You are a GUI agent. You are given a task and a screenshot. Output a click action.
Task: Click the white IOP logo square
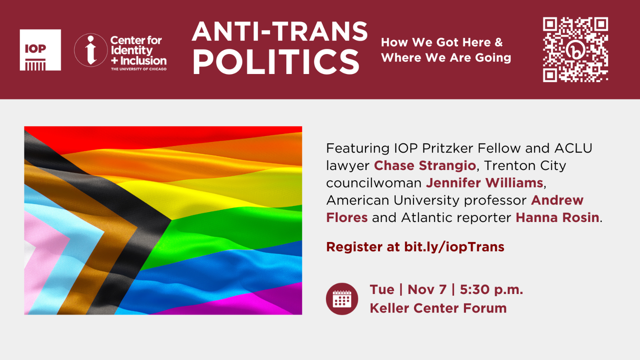40,50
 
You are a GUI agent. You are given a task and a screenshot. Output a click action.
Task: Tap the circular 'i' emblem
91,50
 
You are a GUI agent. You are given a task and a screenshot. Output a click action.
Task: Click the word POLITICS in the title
276,62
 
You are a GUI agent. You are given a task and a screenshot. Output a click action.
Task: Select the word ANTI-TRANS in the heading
280,31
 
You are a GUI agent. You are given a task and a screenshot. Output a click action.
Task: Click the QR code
576,50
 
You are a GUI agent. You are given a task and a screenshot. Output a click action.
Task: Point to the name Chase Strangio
425,166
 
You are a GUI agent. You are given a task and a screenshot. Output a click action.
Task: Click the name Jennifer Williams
484,183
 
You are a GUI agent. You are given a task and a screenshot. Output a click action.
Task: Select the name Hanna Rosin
557,218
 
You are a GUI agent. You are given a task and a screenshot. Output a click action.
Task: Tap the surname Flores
347,218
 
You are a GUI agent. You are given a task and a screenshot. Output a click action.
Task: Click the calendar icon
342,299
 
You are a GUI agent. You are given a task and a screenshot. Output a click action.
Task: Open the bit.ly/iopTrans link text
454,247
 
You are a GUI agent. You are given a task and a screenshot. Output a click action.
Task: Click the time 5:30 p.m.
492,290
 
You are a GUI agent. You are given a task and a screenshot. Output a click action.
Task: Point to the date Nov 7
427,290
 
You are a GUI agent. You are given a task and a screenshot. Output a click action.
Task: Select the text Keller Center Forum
438,308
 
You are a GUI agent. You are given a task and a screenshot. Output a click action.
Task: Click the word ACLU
573,148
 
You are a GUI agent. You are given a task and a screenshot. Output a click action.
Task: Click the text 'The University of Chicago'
138,69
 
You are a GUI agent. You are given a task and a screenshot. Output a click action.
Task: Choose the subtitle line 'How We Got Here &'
442,42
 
